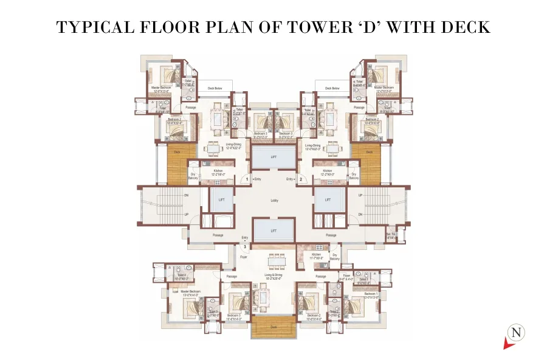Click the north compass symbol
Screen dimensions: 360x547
(x=517, y=333)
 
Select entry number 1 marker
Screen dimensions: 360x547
(x=247, y=179)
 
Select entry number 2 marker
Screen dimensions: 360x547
(x=300, y=179)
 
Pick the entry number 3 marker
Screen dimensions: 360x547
(x=245, y=247)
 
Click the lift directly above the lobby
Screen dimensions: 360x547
(x=273, y=159)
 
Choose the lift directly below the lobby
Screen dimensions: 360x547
(x=273, y=230)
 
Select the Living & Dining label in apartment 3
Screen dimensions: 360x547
(x=273, y=275)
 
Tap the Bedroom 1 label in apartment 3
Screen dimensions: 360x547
(x=371, y=295)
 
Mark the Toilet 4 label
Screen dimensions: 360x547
(x=182, y=277)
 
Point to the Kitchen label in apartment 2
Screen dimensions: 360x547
(x=328, y=173)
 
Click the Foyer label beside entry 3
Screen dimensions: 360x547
(x=244, y=257)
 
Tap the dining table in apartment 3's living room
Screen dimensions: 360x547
(x=273, y=261)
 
